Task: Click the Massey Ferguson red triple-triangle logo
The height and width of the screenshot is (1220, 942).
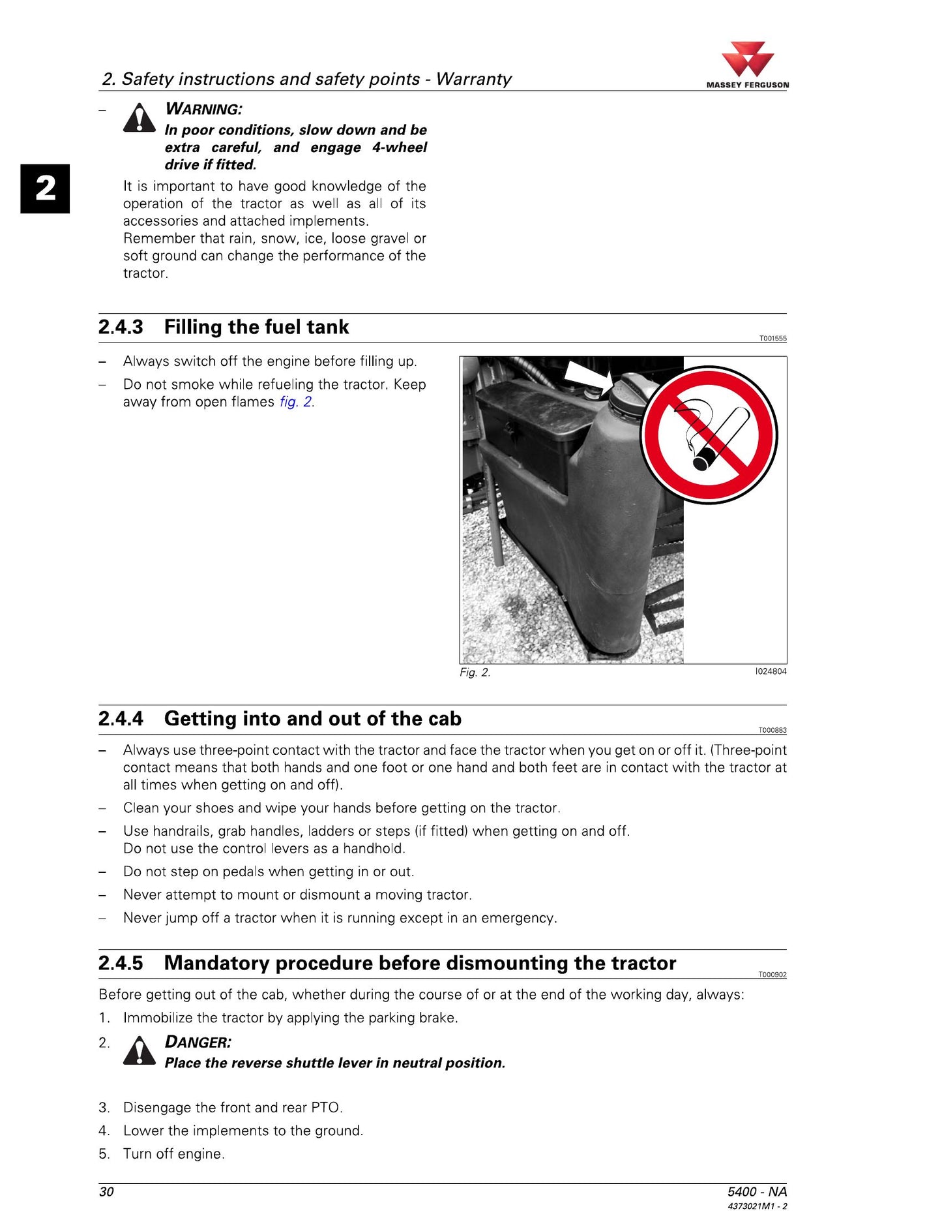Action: [x=748, y=59]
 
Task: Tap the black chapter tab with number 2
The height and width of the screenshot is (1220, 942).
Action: [x=45, y=189]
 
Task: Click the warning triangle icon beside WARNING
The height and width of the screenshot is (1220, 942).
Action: [x=140, y=117]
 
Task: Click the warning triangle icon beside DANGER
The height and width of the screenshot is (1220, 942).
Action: [x=140, y=1050]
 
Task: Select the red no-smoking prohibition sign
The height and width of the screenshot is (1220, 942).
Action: [x=709, y=435]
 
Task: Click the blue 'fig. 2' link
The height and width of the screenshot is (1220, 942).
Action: [x=296, y=402]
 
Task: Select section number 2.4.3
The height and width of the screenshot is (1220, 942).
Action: [x=121, y=327]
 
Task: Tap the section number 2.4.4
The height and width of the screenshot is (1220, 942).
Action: [x=121, y=718]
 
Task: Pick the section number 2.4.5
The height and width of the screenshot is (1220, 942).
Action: [x=121, y=963]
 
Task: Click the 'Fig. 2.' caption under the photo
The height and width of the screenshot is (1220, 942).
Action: [x=475, y=673]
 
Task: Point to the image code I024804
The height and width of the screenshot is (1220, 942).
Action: [x=771, y=671]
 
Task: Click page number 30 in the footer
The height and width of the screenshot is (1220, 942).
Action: [x=106, y=1192]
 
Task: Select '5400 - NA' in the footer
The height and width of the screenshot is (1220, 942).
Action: [x=757, y=1192]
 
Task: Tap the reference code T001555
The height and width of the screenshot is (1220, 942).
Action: [x=773, y=339]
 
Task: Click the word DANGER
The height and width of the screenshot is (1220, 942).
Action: [x=198, y=1042]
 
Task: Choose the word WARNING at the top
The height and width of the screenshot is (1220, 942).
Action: [x=203, y=109]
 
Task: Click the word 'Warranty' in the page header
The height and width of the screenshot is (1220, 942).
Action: [x=474, y=79]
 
